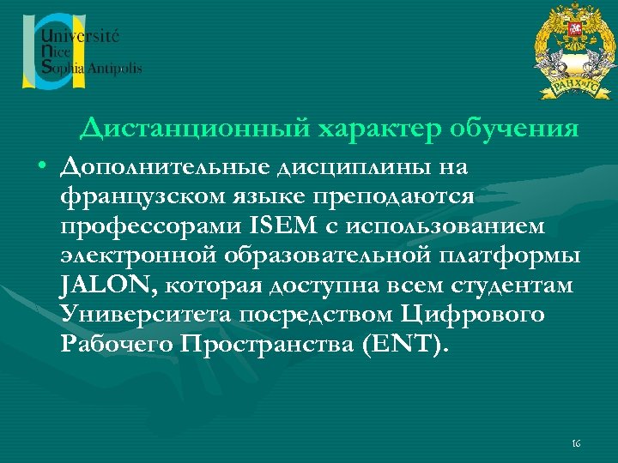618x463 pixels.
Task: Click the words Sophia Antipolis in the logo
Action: tap(92, 68)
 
